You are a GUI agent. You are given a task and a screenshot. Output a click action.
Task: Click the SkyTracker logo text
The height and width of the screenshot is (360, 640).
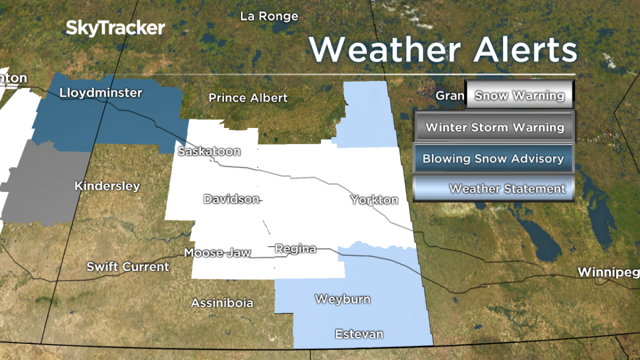pyautogui.click(x=115, y=28)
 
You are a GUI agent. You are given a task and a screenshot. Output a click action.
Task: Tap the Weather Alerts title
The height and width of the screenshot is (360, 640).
pyautogui.click(x=443, y=50)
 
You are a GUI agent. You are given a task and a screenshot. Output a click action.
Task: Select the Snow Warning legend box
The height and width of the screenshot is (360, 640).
pyautogui.click(x=519, y=96)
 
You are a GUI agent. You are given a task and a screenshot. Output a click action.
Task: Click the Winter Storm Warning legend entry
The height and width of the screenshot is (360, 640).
pyautogui.click(x=494, y=127)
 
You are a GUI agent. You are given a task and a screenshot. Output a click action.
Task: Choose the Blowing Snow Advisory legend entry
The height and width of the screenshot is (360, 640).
pyautogui.click(x=493, y=158)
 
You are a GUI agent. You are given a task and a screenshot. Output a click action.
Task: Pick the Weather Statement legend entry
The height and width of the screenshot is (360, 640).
pyautogui.click(x=493, y=189)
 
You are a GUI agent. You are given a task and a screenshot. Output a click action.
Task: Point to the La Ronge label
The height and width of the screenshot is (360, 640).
pyautogui.click(x=269, y=17)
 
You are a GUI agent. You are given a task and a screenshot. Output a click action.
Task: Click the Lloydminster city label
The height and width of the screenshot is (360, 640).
pyautogui.click(x=101, y=93)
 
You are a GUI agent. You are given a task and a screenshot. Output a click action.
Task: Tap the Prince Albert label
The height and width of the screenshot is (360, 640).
pyautogui.click(x=248, y=98)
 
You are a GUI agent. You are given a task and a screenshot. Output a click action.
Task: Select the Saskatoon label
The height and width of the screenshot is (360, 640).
pyautogui.click(x=209, y=151)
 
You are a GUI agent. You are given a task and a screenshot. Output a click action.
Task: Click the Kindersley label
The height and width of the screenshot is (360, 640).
pyautogui.click(x=107, y=186)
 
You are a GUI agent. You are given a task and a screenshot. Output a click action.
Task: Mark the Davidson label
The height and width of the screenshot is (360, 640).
pyautogui.click(x=231, y=199)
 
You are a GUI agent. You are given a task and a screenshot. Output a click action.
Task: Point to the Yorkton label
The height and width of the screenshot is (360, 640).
pyautogui.click(x=374, y=200)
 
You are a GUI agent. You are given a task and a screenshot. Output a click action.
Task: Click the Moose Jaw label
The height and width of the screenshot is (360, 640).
pyautogui.click(x=217, y=253)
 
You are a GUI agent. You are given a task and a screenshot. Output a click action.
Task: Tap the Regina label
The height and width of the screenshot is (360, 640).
pyautogui.click(x=295, y=249)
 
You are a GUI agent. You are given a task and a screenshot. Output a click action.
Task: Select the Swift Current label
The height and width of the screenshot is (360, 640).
pyautogui.click(x=128, y=267)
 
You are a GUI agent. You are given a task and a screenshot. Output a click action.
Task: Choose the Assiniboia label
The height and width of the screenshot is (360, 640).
pyautogui.click(x=222, y=303)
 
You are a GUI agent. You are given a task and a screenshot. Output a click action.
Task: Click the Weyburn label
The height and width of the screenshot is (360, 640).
pyautogui.click(x=342, y=299)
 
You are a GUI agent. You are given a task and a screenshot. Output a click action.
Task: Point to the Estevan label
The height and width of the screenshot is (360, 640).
pyautogui.click(x=359, y=334)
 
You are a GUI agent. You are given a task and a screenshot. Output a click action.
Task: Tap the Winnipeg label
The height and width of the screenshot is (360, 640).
pyautogui.click(x=608, y=273)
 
